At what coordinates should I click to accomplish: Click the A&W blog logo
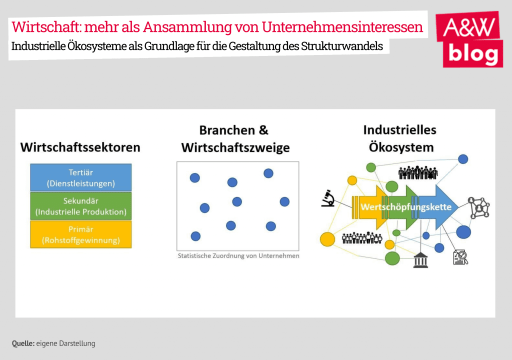point(469,39)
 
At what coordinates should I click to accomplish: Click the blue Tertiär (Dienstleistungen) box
point(81,177)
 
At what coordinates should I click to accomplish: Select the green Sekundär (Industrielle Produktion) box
point(81,206)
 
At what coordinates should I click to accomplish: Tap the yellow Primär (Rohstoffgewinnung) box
point(81,234)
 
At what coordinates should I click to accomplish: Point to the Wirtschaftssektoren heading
point(80,147)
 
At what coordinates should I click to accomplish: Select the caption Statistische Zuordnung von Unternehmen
point(238,256)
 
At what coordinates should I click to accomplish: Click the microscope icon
point(328,198)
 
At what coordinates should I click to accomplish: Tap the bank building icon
point(420,260)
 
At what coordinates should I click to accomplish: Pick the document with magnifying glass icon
point(460,257)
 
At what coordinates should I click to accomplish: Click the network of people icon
point(478,207)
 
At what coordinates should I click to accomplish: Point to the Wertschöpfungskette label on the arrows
point(406,207)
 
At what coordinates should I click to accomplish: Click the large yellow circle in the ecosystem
point(327,239)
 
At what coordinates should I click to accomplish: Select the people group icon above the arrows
point(418,172)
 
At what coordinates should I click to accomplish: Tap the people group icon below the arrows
point(362,238)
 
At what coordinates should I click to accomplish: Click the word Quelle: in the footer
point(23,343)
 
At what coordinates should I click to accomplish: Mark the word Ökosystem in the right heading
point(401,147)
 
